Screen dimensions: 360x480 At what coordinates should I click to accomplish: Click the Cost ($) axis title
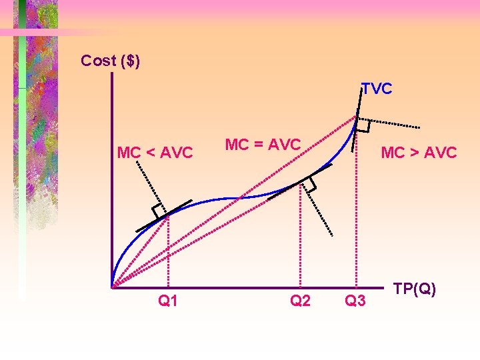110,61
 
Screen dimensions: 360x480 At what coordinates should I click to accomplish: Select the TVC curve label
377,89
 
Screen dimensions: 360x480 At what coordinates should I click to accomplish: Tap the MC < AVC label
155,153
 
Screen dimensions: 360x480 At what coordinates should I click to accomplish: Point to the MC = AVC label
263,144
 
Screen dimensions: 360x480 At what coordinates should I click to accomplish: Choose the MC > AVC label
418,153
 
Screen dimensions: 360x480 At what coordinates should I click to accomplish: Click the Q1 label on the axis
168,301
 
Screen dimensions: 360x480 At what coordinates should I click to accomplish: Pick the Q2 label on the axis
300,301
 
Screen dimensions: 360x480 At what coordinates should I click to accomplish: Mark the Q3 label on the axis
355,301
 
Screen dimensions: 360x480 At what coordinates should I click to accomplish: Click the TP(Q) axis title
415,289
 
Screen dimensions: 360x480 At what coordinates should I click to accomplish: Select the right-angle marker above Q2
309,185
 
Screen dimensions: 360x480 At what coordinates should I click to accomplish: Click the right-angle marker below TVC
364,125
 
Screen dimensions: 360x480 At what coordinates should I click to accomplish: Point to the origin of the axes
113,287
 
